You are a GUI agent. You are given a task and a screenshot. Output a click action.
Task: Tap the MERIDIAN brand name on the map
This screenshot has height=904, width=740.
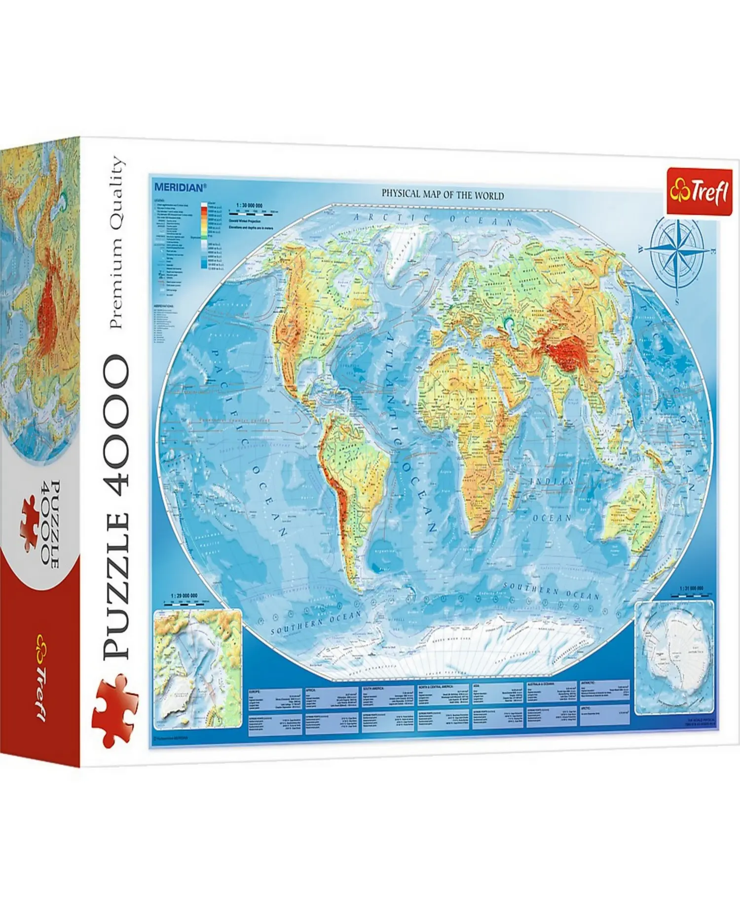click(179, 187)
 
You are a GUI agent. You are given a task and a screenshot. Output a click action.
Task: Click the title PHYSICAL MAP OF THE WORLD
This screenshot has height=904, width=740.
click(443, 195)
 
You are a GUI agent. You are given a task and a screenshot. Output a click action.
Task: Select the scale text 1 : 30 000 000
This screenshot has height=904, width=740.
click(249, 205)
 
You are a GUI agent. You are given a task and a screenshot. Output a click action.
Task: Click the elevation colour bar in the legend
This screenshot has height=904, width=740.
click(203, 236)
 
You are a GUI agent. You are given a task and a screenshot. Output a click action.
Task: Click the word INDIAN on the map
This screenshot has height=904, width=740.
click(552, 481)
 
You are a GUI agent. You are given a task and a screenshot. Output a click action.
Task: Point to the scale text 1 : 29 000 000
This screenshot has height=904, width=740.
click(184, 596)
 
